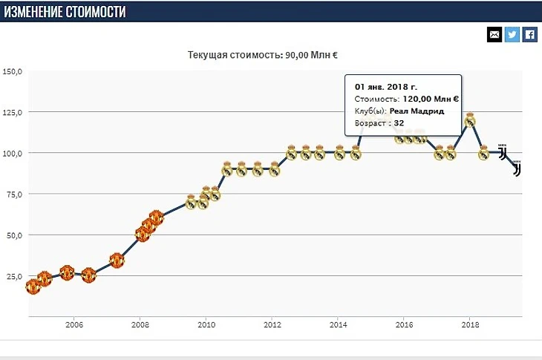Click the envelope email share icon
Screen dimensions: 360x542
point(494,34)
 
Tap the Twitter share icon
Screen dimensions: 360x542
point(512,34)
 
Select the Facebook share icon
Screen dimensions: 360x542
point(529,34)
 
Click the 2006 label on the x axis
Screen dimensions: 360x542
point(74,324)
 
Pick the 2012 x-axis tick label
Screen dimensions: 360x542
point(272,324)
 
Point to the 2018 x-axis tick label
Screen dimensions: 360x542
point(469,324)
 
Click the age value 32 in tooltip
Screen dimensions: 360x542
point(399,123)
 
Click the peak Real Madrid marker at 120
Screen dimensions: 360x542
point(469,120)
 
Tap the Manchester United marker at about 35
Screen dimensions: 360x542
point(117,261)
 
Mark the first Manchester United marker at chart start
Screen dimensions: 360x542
point(32,286)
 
